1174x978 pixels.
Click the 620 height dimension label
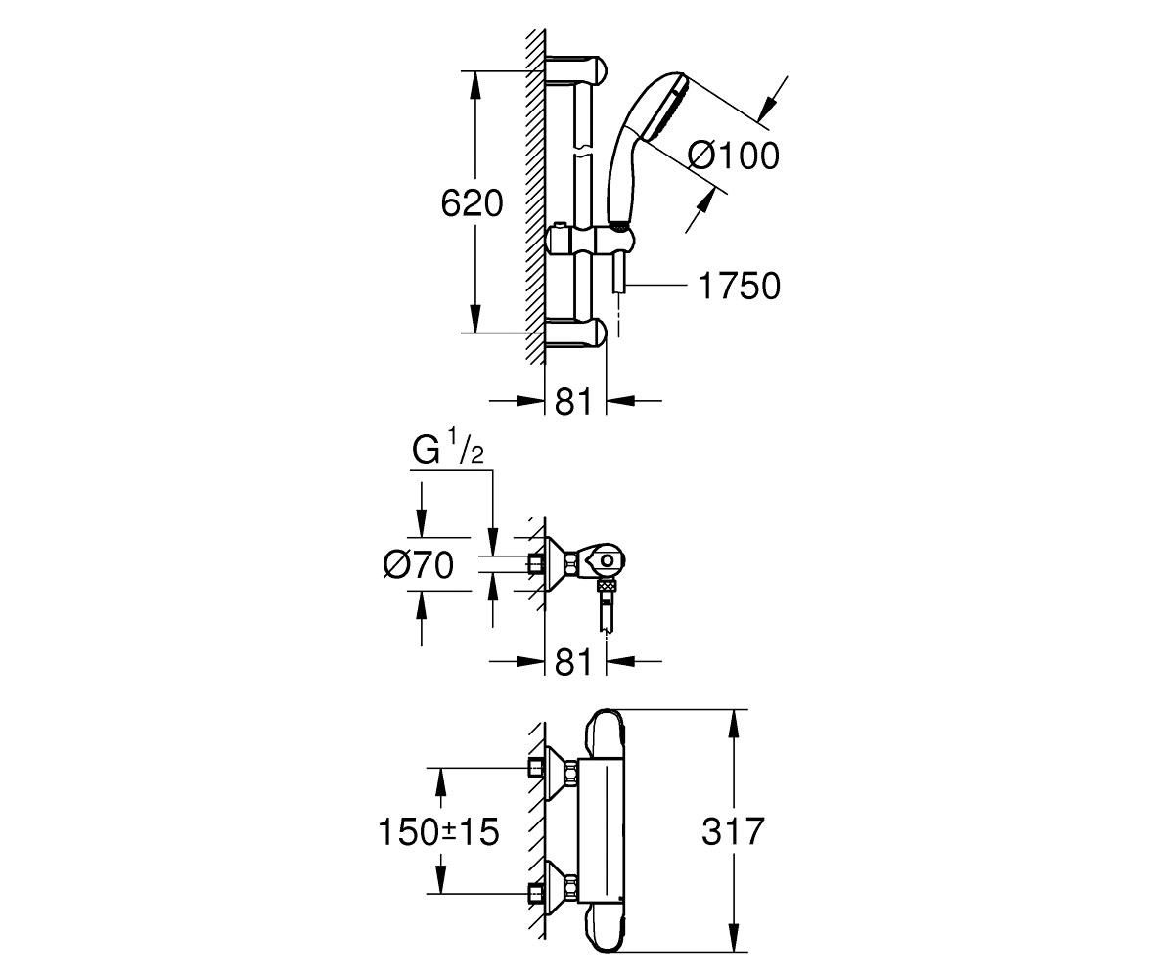(472, 203)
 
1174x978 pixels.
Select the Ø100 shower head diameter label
(734, 156)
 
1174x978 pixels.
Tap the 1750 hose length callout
(739, 286)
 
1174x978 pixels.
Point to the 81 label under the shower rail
(574, 401)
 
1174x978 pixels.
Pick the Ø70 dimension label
(418, 564)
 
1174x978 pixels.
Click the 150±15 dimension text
(438, 832)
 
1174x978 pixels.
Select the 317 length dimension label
(733, 830)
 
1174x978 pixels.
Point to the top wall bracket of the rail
(576, 70)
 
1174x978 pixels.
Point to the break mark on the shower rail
(583, 152)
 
